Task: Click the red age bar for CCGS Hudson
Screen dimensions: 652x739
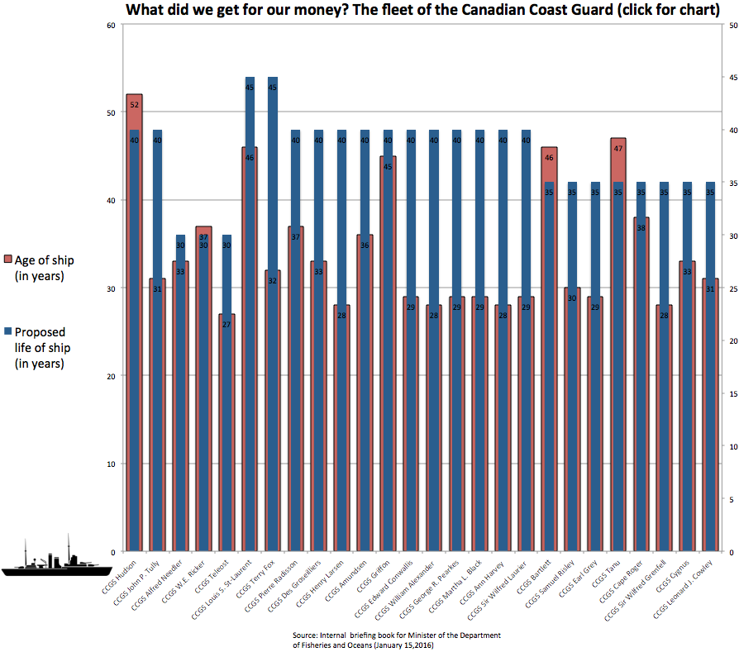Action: point(134,331)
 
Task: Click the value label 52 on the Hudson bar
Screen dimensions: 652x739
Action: point(134,105)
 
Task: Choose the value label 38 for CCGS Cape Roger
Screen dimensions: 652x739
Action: point(641,228)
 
